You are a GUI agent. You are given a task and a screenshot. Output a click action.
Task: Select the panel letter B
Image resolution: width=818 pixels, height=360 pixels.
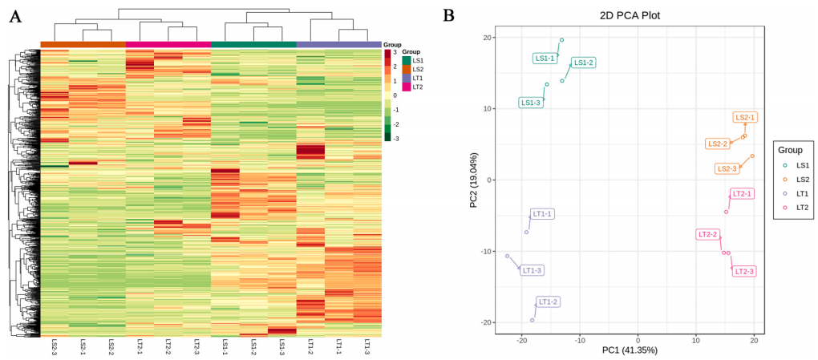[449, 15]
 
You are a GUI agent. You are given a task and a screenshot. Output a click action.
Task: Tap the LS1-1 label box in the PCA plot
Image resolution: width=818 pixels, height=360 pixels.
[545, 59]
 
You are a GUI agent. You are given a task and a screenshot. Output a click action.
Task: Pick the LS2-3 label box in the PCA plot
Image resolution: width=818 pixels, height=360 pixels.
[727, 169]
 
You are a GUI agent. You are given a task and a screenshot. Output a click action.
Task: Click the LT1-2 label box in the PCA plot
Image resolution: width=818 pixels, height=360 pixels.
[549, 302]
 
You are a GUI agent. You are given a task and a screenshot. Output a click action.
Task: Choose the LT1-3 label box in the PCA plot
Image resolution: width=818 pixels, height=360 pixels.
[532, 270]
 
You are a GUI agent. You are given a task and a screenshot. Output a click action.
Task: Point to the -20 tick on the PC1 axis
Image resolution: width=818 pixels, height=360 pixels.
[521, 340]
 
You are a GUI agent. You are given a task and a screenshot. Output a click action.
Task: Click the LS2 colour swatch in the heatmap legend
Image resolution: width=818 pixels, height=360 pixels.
[407, 70]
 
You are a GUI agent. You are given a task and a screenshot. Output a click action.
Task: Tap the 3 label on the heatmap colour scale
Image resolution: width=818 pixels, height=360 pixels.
[395, 52]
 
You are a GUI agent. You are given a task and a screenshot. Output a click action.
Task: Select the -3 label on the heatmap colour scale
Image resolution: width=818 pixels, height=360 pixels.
[395, 139]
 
